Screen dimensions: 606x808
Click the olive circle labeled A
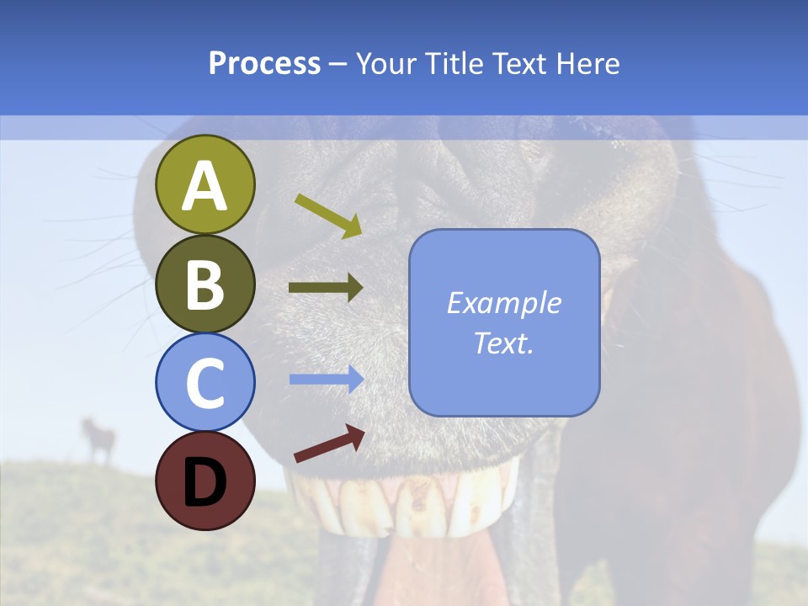(x=205, y=184)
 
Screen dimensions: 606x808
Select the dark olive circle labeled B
(x=205, y=284)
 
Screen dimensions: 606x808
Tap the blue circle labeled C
(x=205, y=382)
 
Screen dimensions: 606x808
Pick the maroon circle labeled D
(x=205, y=481)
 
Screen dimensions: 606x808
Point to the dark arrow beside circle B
(x=326, y=288)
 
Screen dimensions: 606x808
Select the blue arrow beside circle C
(x=327, y=380)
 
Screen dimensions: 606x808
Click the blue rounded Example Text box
(x=504, y=322)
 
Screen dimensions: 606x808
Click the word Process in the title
(x=264, y=64)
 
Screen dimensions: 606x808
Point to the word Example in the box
(x=503, y=303)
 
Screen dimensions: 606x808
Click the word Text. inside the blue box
(x=503, y=343)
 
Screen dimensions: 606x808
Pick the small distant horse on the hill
(x=98, y=439)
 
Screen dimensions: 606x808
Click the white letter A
(x=205, y=186)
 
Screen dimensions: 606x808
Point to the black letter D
(x=205, y=482)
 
